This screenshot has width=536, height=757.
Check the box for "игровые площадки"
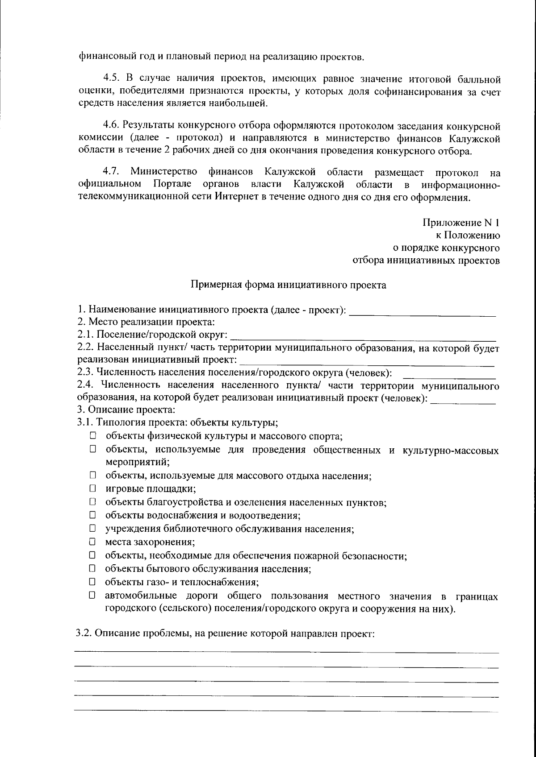(92, 488)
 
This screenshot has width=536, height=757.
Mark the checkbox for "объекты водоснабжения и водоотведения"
(92, 515)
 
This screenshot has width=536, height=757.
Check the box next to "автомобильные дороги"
(92, 595)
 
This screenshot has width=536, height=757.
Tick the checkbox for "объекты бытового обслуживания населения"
(92, 569)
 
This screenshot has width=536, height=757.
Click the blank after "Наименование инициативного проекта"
(422, 311)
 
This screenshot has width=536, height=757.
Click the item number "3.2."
(84, 633)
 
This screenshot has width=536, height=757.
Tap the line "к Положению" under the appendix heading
(468, 235)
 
